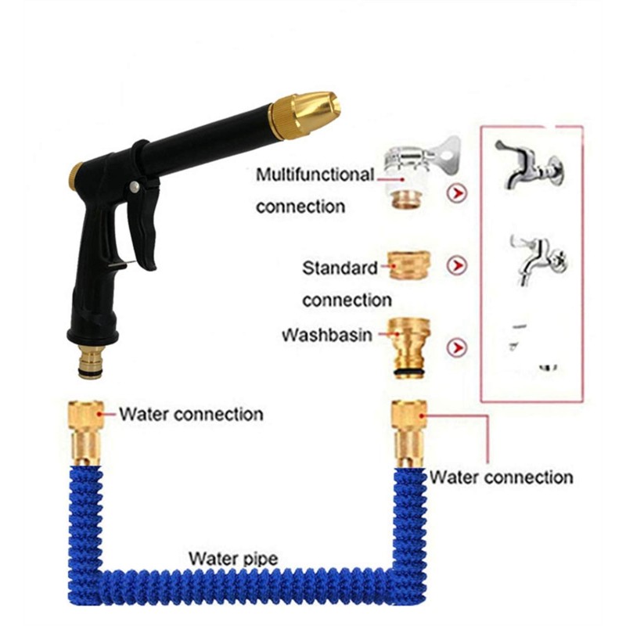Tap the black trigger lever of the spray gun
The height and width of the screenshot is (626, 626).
point(144,224)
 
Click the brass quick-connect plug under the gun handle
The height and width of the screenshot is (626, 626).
point(91,362)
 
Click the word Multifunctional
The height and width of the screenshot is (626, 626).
point(315,174)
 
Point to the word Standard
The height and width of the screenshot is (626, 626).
point(340,268)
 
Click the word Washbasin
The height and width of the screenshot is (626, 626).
point(327,335)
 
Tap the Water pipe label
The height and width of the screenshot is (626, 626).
point(233,559)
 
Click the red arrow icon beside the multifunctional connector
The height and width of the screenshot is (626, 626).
point(457,193)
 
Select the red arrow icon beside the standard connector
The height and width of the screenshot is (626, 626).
point(457,265)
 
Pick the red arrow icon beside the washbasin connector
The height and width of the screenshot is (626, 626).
point(457,347)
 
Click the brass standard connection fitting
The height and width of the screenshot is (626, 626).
point(409,265)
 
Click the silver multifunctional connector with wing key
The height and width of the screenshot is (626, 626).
point(419,172)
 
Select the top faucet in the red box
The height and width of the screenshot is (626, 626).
point(530,164)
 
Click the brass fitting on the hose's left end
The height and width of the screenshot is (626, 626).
point(86,434)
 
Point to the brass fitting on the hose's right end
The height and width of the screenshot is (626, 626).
point(409,434)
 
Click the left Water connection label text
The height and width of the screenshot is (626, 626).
point(191,414)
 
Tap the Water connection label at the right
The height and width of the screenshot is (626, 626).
point(501,477)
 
